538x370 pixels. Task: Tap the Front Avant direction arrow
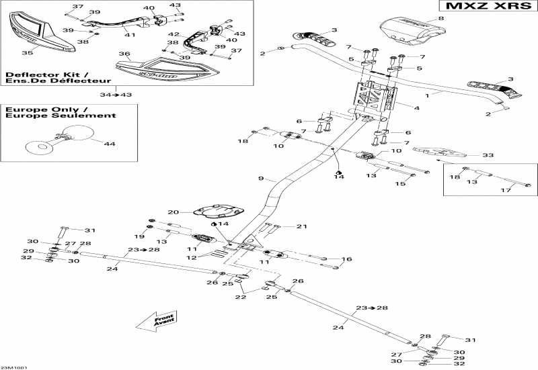coord(155,320)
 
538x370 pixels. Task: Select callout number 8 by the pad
coord(441,19)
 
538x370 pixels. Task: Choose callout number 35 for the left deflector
coord(27,52)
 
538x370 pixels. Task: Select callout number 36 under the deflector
coord(124,54)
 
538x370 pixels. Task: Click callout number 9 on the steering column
coord(261,179)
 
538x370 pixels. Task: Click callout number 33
coord(488,155)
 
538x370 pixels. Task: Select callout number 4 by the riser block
coord(417,107)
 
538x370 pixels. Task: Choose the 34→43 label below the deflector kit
coord(116,94)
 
